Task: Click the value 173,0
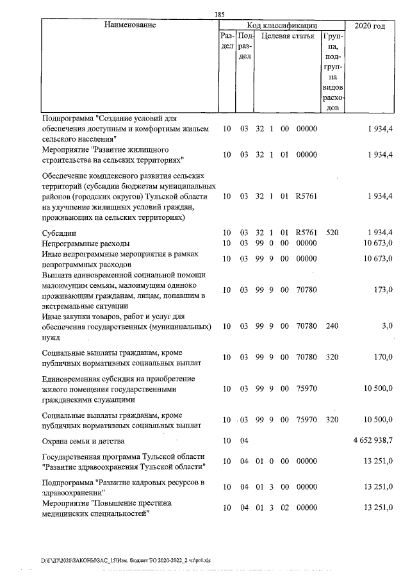tap(382, 290)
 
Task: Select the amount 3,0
tap(387, 326)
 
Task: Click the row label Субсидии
tap(59, 232)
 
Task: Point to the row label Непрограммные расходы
tap(85, 243)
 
